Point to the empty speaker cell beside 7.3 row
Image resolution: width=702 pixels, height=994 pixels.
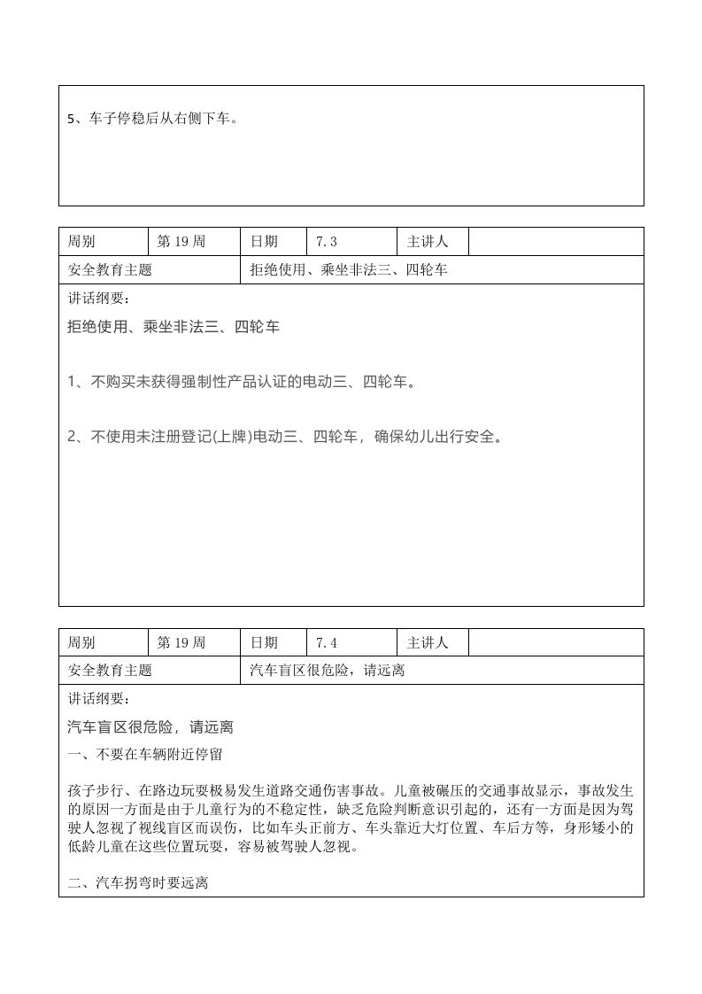(x=555, y=242)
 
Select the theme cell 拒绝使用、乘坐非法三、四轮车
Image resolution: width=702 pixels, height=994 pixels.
(x=349, y=270)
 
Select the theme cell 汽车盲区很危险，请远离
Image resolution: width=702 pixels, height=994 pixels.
(x=328, y=672)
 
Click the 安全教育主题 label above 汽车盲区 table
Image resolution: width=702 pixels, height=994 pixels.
(x=110, y=672)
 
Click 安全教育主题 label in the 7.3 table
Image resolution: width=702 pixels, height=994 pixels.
(x=110, y=270)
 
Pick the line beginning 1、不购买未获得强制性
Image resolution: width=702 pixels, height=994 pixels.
(x=242, y=382)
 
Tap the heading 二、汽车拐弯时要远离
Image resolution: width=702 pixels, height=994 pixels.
(x=138, y=883)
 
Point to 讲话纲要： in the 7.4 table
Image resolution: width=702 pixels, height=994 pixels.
(x=98, y=699)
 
